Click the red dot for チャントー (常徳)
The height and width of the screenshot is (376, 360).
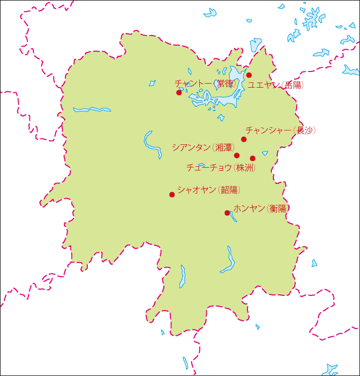point(179,92)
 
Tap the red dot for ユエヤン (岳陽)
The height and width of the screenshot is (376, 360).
point(249,75)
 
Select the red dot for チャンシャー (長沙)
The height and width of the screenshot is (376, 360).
point(244,139)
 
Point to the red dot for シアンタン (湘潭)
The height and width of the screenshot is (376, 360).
point(237,155)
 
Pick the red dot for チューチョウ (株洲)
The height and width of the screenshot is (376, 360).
point(253,158)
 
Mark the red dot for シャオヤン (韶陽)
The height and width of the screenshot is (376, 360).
point(172,195)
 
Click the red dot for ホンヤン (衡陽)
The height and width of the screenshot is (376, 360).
point(227,213)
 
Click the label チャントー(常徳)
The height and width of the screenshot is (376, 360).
point(206,83)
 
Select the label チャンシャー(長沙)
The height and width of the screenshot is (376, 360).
point(280,131)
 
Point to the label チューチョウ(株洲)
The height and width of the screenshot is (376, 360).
point(220,167)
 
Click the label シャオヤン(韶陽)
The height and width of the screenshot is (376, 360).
point(209,191)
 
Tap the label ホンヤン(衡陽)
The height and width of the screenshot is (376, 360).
point(261,208)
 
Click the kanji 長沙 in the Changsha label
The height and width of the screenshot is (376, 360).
point(305,131)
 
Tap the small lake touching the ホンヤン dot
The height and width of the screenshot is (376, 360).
point(233,216)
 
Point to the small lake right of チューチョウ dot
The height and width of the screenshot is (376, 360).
point(265,153)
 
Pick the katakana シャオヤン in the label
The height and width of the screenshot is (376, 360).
point(197,191)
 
